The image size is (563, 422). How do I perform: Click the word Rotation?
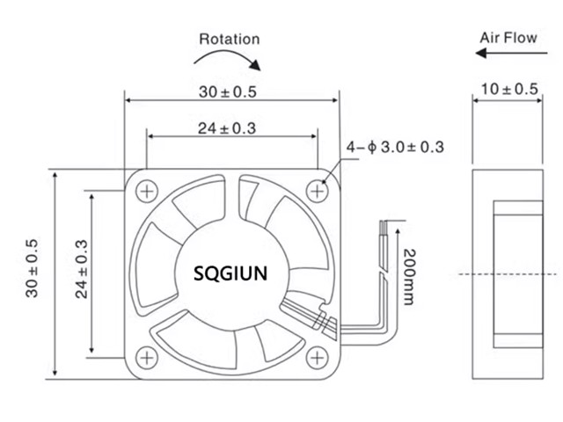click(230, 39)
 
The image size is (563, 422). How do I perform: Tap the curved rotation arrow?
click(228, 59)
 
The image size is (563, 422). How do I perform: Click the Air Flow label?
click(508, 38)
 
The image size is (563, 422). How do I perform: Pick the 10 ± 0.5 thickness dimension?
click(509, 89)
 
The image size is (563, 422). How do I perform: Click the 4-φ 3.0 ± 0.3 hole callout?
click(394, 147)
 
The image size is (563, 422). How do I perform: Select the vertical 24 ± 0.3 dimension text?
click(81, 268)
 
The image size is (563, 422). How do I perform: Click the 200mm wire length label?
click(409, 277)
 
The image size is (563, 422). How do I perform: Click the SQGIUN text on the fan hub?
click(230, 273)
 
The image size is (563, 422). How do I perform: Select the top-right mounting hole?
click(318, 189)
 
